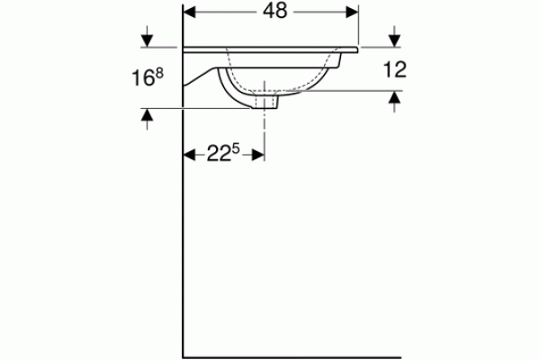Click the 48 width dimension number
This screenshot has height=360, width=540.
274,12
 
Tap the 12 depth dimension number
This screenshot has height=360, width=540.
395,69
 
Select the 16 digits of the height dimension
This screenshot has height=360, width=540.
142,78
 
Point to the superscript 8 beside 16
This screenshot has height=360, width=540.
159,74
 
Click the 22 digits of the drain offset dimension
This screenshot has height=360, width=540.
219,154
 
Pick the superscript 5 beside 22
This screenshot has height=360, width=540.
236,149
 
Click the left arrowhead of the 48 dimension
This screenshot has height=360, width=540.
189,12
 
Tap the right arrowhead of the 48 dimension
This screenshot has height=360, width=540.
352,12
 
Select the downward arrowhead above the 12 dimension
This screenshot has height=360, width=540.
395,40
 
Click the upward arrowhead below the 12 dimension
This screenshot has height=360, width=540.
395,97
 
